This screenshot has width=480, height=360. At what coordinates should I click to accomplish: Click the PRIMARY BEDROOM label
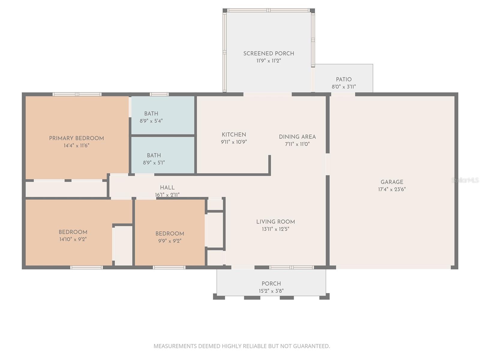pyautogui.click(x=76, y=138)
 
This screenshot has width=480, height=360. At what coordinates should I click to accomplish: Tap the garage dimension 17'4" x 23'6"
pyautogui.click(x=392, y=189)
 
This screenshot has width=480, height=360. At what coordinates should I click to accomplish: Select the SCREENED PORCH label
pyautogui.click(x=268, y=53)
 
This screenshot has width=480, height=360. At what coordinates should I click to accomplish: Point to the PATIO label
pyautogui.click(x=343, y=79)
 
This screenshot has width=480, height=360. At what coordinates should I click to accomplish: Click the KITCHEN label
pyautogui.click(x=234, y=135)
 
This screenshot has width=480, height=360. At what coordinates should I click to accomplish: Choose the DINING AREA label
pyautogui.click(x=297, y=137)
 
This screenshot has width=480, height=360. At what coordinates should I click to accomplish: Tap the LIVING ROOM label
pyautogui.click(x=275, y=222)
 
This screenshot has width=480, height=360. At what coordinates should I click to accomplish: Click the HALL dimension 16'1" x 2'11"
pyautogui.click(x=167, y=195)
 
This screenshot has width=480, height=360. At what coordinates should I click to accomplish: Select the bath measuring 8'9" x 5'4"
pyautogui.click(x=151, y=117)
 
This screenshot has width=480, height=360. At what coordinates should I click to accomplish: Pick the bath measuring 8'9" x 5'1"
pyautogui.click(x=154, y=159)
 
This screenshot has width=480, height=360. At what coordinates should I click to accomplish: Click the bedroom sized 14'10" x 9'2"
pyautogui.click(x=73, y=235)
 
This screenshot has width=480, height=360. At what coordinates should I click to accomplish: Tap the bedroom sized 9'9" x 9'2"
pyautogui.click(x=169, y=237)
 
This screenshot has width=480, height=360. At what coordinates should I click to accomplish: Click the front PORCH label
pyautogui.click(x=271, y=283)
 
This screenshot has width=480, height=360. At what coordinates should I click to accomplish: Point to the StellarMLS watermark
pyautogui.click(x=465, y=180)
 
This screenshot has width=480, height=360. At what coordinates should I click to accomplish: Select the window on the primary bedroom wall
pyautogui.click(x=77, y=94)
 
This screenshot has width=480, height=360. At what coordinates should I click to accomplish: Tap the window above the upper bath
pyautogui.click(x=159, y=94)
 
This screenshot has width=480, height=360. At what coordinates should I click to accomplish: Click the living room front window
pyautogui.click(x=291, y=267)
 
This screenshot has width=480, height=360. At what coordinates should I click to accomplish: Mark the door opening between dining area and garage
pyautogui.click(x=328, y=164)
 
